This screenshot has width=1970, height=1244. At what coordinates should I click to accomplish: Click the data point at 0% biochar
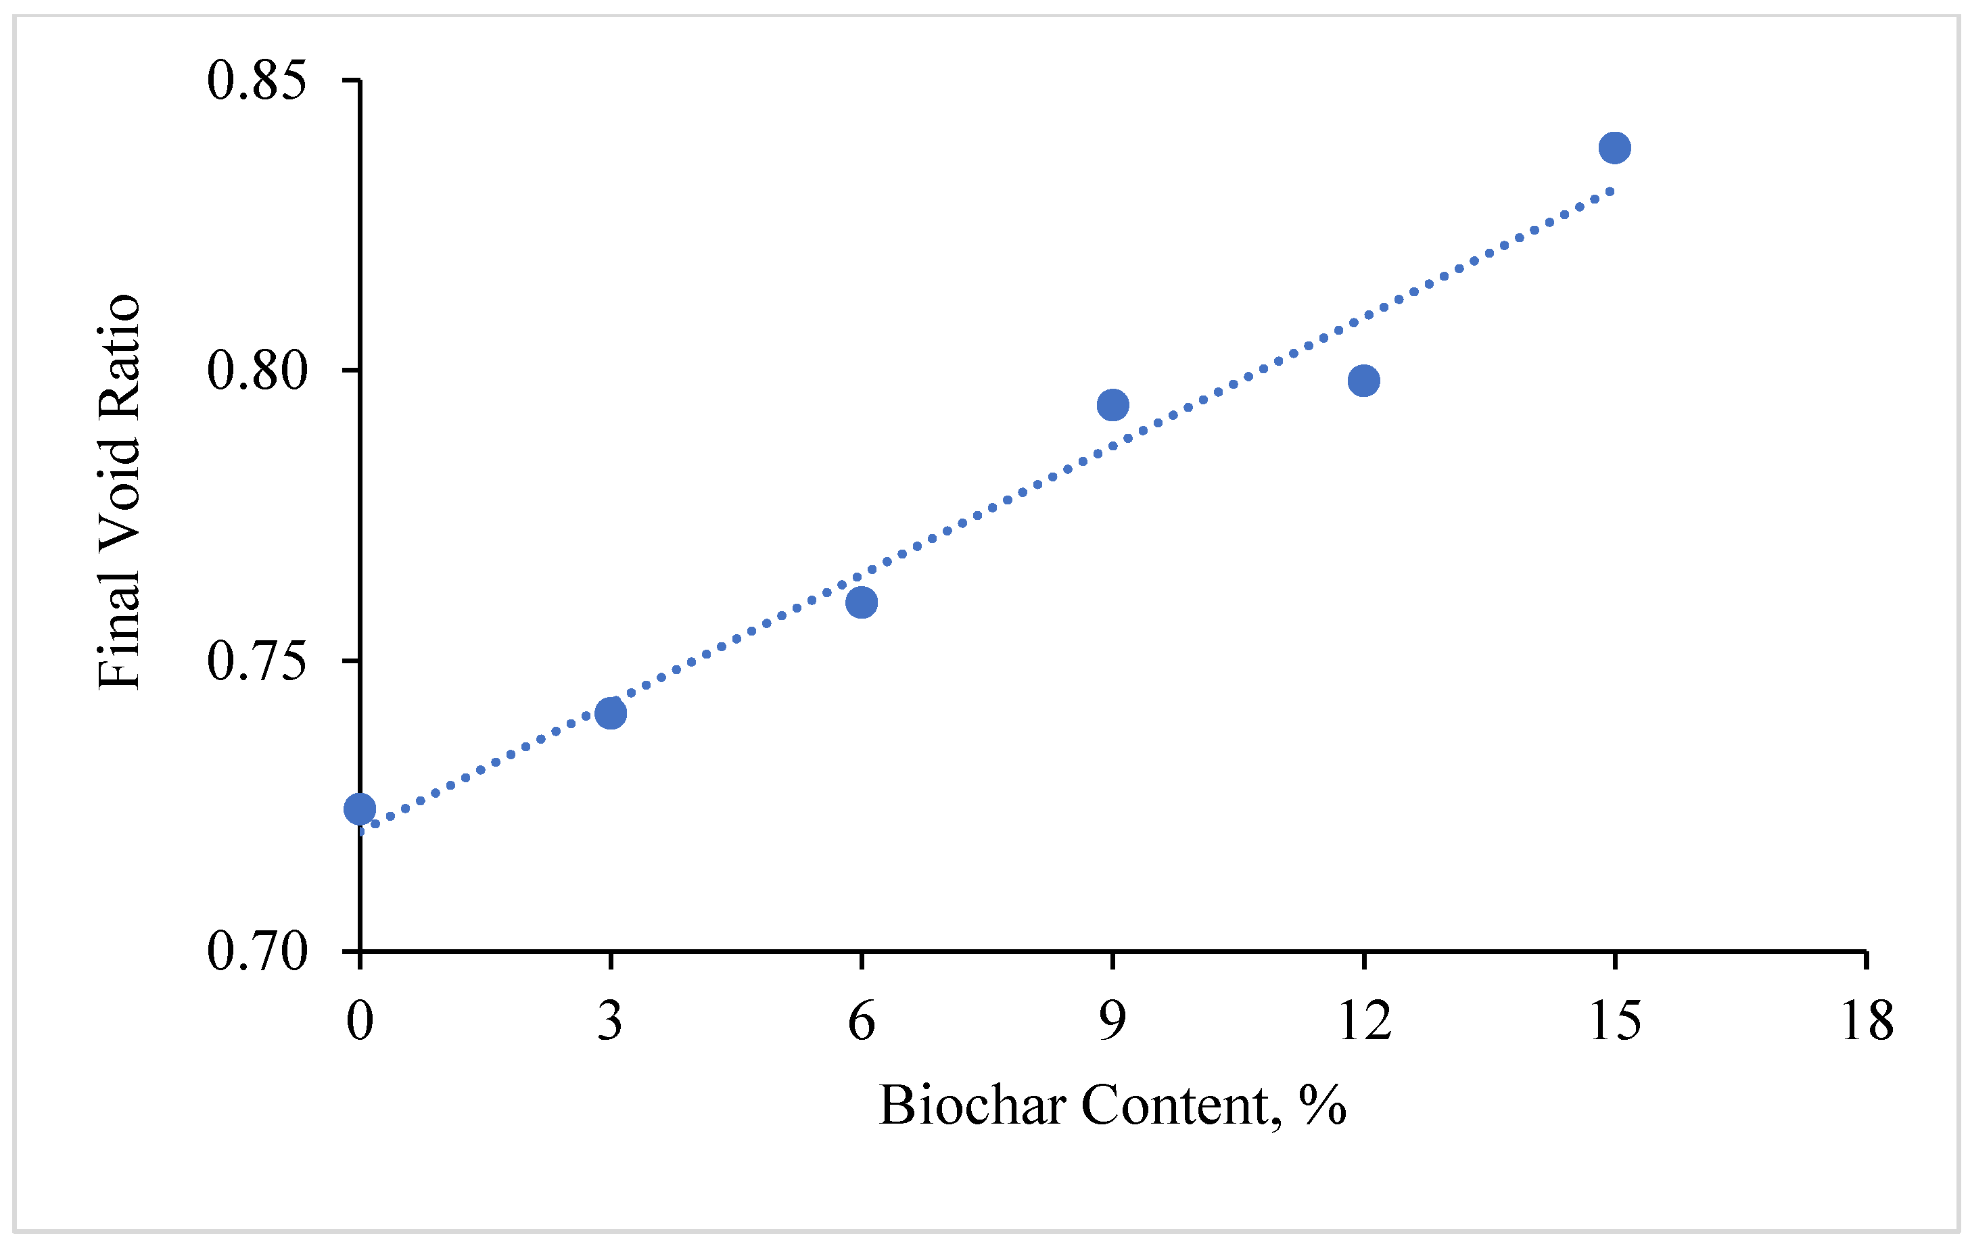[x=360, y=809]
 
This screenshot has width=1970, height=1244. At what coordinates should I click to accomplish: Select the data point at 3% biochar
[x=610, y=713]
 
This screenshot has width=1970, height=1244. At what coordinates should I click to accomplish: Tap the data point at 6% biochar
[x=862, y=603]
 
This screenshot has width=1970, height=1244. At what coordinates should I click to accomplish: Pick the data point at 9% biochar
[x=1112, y=405]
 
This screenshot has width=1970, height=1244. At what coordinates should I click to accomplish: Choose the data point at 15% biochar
[x=1614, y=148]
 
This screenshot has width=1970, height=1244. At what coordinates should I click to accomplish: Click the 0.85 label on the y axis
[x=256, y=81]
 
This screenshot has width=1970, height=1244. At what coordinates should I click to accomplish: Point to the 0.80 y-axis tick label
[x=256, y=370]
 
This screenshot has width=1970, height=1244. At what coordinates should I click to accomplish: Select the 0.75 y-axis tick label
[x=256, y=661]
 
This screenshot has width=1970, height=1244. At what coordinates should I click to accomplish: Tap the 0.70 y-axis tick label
[x=256, y=951]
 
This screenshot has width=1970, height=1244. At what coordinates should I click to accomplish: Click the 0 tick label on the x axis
[x=360, y=1021]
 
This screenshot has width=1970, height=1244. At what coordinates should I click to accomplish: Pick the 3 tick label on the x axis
[x=610, y=1021]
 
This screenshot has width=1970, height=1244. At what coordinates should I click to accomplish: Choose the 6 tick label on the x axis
[x=862, y=1021]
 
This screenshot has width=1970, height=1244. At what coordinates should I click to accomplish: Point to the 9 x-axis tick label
[x=1112, y=1021]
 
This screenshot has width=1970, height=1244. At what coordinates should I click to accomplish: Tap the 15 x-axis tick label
[x=1614, y=1021]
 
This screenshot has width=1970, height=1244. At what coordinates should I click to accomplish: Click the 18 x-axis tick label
[x=1866, y=1021]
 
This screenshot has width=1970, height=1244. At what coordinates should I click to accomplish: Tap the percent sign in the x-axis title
[x=1322, y=1106]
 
